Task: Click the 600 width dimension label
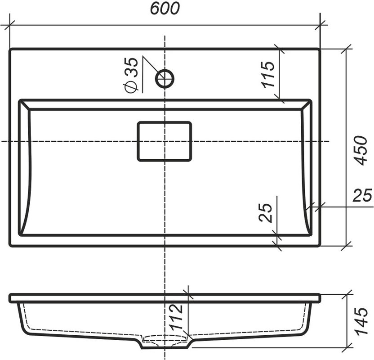pos(165,9)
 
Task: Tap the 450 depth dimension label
pos(360,151)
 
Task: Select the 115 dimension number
pos(267,74)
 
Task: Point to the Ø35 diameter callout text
pos(131,75)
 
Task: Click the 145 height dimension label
pos(361,321)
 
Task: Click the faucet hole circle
pos(165,79)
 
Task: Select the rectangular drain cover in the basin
pos(165,141)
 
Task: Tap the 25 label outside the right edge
pos(362,195)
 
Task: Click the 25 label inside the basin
pos(265,213)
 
